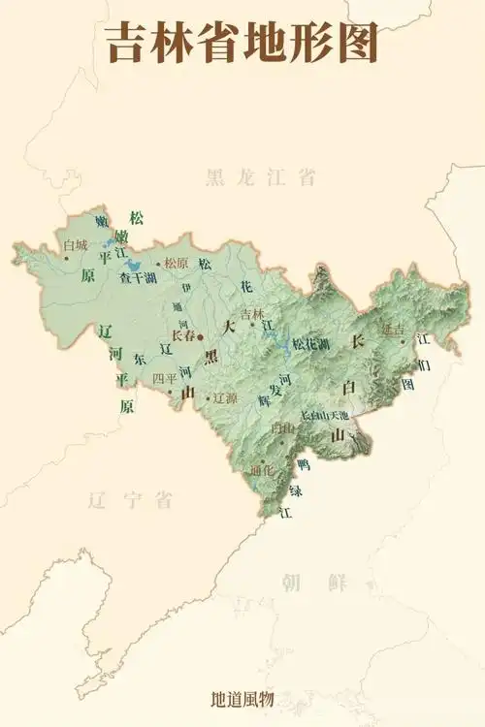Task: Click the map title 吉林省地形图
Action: [242, 43]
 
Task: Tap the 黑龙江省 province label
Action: [260, 176]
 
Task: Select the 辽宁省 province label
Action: [129, 500]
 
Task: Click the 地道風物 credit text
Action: [242, 698]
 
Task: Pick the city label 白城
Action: [75, 245]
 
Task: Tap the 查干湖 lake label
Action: [138, 278]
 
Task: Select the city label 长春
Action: [183, 335]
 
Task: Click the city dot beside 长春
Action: [201, 336]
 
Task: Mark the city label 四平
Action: [165, 378]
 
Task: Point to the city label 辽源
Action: [225, 396]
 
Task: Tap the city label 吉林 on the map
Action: [252, 313]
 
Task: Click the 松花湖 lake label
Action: [310, 344]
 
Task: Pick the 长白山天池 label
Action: [324, 415]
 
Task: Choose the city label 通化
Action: [262, 470]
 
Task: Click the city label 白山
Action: [283, 427]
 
